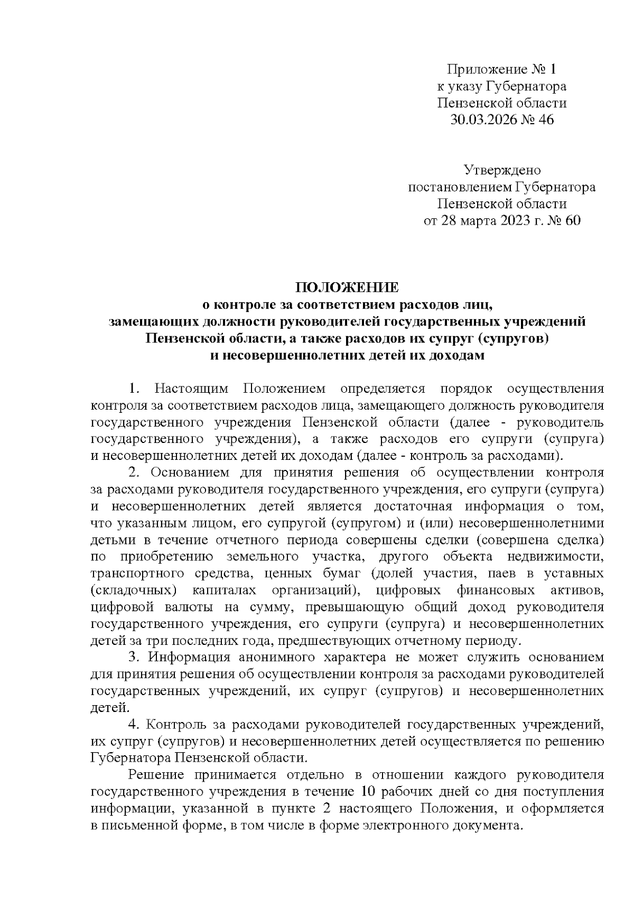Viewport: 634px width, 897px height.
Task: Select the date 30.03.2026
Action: point(482,120)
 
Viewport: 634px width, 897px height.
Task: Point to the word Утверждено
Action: point(502,170)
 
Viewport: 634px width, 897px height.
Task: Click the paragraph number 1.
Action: point(134,389)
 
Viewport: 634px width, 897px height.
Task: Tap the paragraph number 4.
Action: point(134,724)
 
